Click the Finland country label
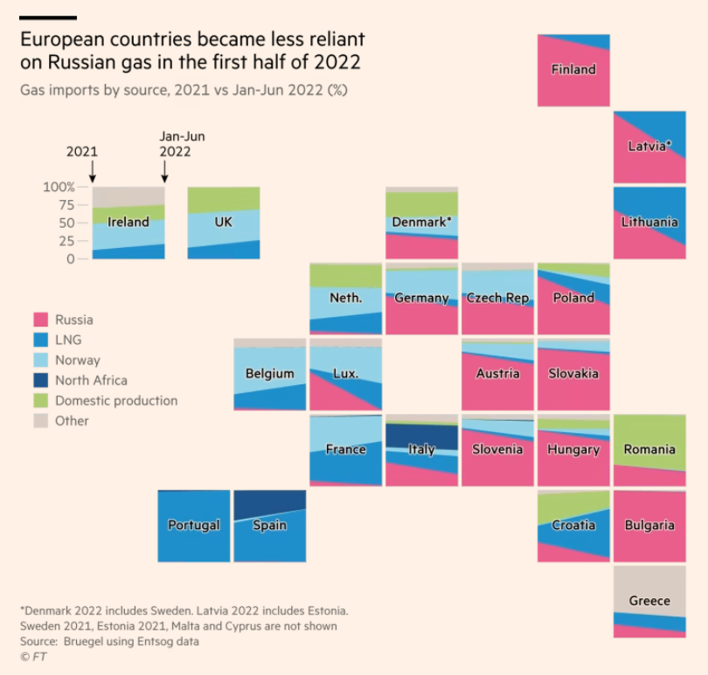[x=573, y=70]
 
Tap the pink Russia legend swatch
[x=40, y=320]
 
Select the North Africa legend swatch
[x=40, y=381]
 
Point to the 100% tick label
[x=59, y=187]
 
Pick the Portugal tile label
[x=193, y=525]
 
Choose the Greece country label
[x=649, y=601]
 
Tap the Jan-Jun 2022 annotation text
[x=182, y=144]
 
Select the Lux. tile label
[x=345, y=374]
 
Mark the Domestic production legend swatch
[x=40, y=401]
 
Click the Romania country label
[x=649, y=450]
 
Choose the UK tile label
[x=223, y=223]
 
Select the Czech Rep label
[x=497, y=298]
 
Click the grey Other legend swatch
[x=40, y=421]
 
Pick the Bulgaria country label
[x=649, y=526]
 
